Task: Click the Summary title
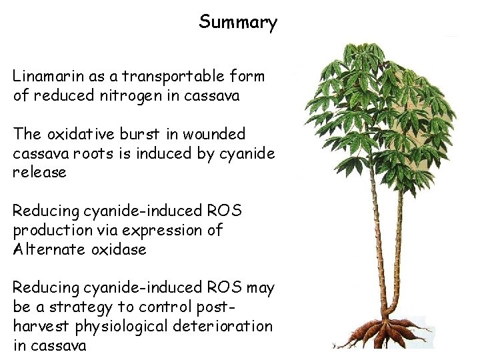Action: [238, 23]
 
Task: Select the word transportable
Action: [159, 77]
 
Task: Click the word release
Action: [39, 172]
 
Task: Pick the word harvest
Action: [39, 327]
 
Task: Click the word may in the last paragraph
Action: [260, 288]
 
